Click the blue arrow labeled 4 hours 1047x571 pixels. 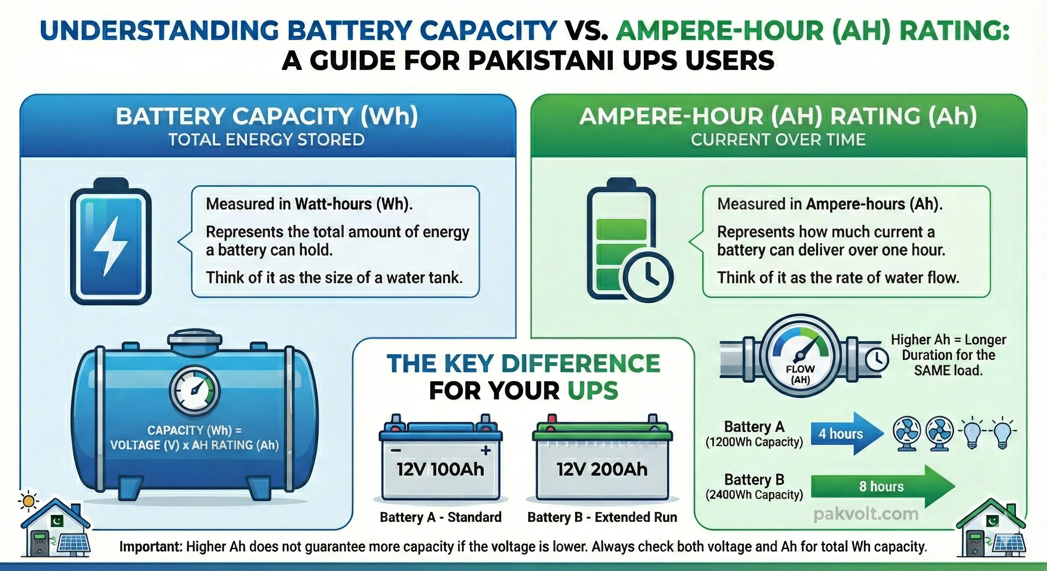(x=845, y=433)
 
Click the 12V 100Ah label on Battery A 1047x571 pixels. (x=441, y=470)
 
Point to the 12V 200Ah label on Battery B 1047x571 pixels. (x=602, y=470)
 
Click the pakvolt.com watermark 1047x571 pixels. (x=866, y=514)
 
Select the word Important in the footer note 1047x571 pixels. (x=149, y=546)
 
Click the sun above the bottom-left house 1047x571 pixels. (x=29, y=501)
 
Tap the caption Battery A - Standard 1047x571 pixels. (x=441, y=517)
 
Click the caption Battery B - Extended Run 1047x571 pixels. (x=602, y=517)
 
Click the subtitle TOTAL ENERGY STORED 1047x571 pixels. (x=267, y=140)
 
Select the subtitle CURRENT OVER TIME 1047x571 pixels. (x=778, y=140)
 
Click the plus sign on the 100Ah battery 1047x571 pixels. (x=485, y=450)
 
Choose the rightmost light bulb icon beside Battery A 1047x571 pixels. (x=1002, y=433)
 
